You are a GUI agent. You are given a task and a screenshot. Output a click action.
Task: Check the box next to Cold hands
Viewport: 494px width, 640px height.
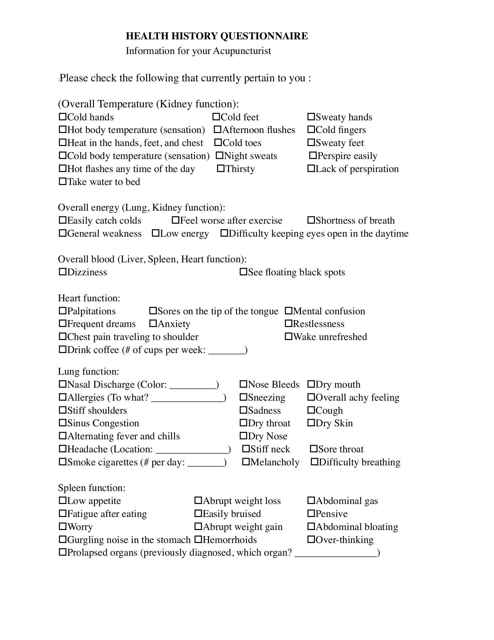click(63, 117)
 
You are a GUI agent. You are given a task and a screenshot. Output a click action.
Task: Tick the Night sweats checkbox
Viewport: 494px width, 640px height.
click(219, 155)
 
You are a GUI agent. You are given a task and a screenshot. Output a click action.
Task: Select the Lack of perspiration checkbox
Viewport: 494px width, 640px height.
click(311, 168)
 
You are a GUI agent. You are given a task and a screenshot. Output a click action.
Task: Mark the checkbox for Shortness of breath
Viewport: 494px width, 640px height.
click(311, 220)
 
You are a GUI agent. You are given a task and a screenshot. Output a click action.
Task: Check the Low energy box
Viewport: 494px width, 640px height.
click(155, 233)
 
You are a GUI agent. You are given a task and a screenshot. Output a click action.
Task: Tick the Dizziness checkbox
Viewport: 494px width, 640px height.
click(63, 272)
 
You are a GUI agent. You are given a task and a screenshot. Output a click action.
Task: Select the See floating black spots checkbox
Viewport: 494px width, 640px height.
click(243, 272)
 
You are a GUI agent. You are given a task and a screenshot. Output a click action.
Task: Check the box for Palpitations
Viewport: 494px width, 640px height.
click(63, 311)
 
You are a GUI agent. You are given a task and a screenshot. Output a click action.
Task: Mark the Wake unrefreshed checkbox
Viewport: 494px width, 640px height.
click(288, 336)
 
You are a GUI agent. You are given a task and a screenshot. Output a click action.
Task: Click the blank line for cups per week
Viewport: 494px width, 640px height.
click(226, 351)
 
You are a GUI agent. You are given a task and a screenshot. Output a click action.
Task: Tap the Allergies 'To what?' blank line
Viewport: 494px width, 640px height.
click(187, 398)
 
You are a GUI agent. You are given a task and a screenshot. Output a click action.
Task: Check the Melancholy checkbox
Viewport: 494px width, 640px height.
click(246, 462)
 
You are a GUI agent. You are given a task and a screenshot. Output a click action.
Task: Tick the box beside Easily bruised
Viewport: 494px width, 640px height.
click(198, 513)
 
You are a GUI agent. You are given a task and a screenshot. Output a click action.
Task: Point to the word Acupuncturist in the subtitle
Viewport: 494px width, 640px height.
click(242, 51)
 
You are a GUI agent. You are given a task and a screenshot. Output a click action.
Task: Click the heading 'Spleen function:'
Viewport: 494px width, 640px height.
click(92, 488)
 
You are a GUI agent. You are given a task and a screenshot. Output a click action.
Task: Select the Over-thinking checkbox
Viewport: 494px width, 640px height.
click(311, 539)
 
